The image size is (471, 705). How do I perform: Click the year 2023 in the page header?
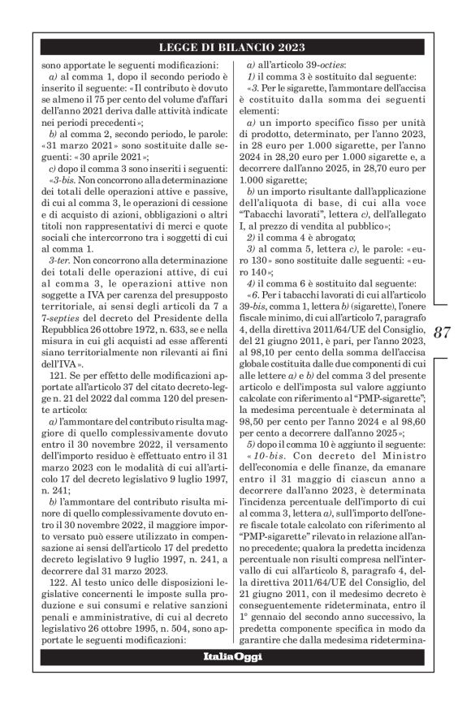pyautogui.click(x=287, y=46)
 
